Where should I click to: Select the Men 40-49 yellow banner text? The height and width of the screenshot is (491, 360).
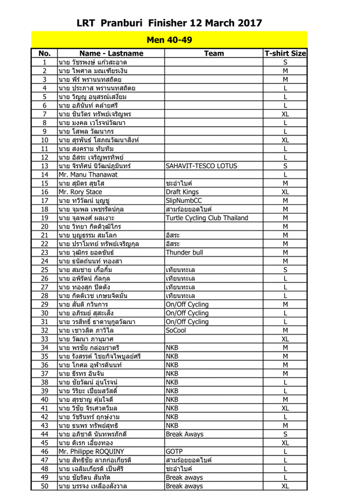(169, 39)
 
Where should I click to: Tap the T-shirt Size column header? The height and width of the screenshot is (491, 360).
(285, 53)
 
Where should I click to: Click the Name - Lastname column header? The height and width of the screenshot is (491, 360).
(110, 53)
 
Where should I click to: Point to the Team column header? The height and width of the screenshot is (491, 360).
(214, 53)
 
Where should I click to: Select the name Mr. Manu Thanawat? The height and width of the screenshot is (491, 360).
(88, 174)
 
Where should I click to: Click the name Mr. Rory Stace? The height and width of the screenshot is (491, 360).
(80, 192)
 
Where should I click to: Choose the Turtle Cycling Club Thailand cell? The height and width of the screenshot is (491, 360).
(207, 218)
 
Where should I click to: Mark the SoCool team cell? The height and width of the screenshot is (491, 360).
(176, 330)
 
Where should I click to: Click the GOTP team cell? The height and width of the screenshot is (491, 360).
(174, 452)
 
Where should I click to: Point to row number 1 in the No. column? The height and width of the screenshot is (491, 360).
(44, 62)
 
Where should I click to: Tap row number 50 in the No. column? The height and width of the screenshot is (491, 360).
(44, 486)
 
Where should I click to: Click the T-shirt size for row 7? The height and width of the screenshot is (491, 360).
(285, 114)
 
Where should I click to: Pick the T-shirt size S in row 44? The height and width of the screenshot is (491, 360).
(285, 434)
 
